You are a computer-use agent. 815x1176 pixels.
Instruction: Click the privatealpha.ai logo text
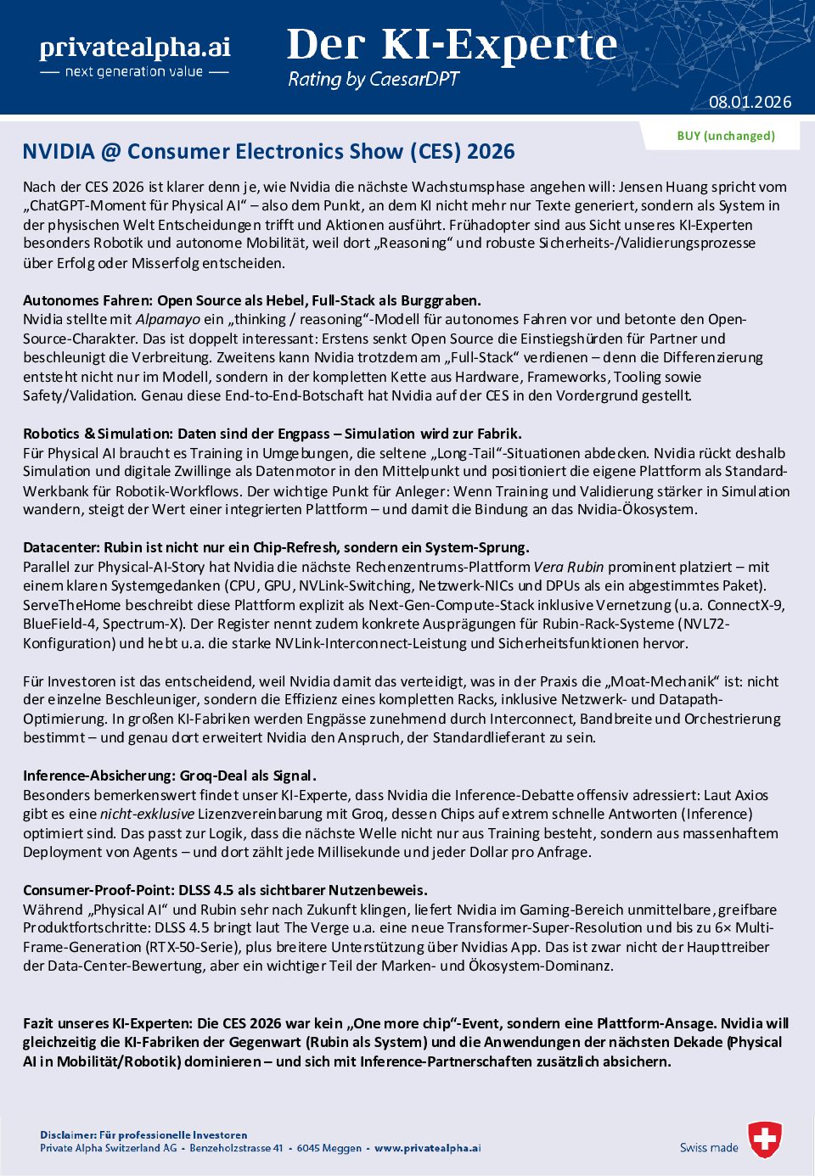(x=135, y=48)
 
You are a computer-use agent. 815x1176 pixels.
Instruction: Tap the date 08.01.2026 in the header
(x=750, y=102)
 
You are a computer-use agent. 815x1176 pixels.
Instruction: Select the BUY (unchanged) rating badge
(x=726, y=136)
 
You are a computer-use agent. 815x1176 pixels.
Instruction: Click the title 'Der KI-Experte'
(x=452, y=45)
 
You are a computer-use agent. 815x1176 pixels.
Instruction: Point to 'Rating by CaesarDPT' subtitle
(x=373, y=80)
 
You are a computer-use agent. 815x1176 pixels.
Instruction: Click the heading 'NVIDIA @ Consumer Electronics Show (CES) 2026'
(x=268, y=152)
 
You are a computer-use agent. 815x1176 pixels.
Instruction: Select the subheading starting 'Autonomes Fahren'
(x=251, y=300)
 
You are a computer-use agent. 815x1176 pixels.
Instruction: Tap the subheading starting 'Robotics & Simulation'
(x=272, y=434)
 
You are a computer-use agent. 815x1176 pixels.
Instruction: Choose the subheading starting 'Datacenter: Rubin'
(x=276, y=547)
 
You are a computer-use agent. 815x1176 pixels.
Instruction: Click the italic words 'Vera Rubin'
(x=568, y=567)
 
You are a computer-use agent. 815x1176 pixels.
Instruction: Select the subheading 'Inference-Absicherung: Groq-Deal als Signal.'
(x=169, y=776)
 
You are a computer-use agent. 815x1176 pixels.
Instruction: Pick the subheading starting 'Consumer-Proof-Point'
(x=225, y=890)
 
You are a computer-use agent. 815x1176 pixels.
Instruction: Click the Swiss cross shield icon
(x=765, y=1140)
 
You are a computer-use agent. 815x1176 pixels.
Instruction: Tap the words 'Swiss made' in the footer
(x=709, y=1148)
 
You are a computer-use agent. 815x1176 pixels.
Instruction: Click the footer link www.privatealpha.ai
(x=427, y=1148)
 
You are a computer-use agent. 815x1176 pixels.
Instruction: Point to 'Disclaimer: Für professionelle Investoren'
(x=143, y=1135)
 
